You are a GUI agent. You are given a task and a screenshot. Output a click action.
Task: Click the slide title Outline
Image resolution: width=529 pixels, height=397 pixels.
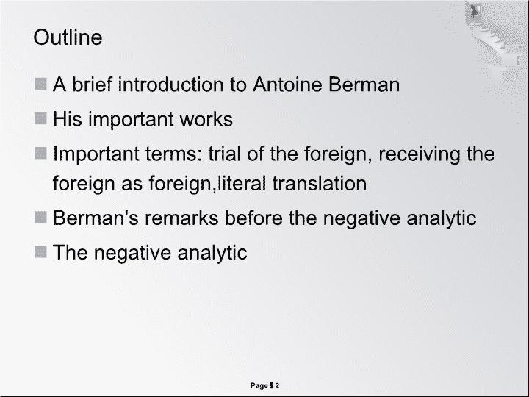tap(68, 37)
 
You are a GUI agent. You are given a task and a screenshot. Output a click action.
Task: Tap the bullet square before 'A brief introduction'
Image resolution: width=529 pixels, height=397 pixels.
tap(40, 84)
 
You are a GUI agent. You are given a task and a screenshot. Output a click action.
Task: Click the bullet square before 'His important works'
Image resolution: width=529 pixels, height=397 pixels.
tap(40, 118)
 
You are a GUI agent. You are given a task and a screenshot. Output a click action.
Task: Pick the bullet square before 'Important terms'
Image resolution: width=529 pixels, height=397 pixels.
tap(40, 153)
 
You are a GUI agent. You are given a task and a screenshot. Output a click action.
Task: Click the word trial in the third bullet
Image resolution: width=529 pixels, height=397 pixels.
tap(224, 154)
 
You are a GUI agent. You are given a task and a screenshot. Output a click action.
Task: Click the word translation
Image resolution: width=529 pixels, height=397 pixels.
tap(320, 183)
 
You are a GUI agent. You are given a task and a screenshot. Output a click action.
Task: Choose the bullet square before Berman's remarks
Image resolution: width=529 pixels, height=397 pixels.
tap(40, 218)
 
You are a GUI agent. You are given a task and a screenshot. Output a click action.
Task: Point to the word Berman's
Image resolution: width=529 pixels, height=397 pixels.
tap(96, 218)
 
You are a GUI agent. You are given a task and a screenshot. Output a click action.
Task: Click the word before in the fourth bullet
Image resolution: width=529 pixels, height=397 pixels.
tap(253, 218)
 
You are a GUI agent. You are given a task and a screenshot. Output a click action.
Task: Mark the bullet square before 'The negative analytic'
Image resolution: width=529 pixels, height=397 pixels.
tap(40, 252)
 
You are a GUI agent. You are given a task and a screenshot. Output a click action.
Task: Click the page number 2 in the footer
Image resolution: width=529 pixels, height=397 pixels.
tap(277, 385)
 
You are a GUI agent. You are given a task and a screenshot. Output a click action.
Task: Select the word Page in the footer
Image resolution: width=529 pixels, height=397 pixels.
tap(259, 385)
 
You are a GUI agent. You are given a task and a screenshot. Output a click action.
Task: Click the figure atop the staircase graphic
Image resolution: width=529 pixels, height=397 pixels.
tap(475, 11)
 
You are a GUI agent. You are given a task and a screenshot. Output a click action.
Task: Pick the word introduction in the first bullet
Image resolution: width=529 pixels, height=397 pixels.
tap(170, 84)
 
